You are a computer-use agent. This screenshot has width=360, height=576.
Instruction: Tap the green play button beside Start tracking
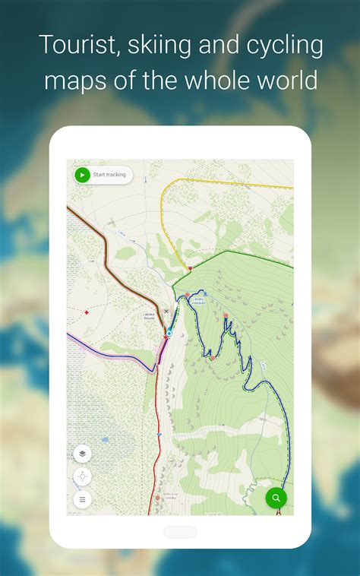[83, 175]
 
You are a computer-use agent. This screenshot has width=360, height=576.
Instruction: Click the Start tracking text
[109, 175]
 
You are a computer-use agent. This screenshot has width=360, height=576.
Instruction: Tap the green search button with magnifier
[276, 498]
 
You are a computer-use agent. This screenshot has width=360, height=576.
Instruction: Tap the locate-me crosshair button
[83, 476]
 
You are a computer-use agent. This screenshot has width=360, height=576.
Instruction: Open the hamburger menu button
[83, 499]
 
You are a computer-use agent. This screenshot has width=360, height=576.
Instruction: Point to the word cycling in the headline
[284, 46]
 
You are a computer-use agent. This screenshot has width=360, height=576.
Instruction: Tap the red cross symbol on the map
[87, 312]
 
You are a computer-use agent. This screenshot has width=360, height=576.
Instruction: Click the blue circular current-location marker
[169, 333]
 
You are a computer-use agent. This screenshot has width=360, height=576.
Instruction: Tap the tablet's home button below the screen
[180, 532]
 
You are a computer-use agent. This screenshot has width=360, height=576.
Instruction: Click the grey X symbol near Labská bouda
[166, 311]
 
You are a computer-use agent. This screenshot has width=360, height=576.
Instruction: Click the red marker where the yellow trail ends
[190, 267]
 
